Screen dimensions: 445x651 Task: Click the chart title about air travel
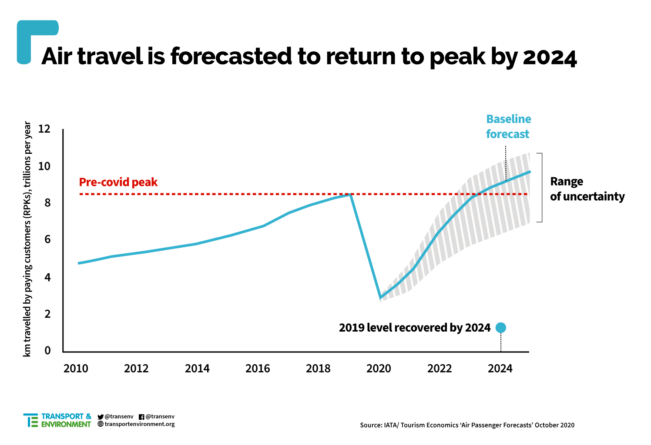tap(309, 57)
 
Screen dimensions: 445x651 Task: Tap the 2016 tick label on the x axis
tap(258, 369)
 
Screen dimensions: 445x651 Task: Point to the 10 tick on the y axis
tap(44, 166)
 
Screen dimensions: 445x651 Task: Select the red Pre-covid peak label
tap(118, 182)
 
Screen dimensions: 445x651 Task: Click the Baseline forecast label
tap(508, 126)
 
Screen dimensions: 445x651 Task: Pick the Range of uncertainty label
tap(587, 189)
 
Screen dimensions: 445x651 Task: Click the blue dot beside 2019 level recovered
tap(501, 328)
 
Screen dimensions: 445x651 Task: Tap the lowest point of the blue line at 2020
tap(380, 298)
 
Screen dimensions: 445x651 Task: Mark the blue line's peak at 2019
tap(350, 195)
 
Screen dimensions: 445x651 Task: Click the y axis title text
tap(27, 239)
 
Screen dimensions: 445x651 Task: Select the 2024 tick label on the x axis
tap(500, 369)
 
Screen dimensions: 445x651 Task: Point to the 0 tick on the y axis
tap(47, 350)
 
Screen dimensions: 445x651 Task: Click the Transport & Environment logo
tap(57, 420)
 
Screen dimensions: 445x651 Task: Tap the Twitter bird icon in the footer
tap(101, 417)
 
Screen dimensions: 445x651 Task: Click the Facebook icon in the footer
tap(141, 417)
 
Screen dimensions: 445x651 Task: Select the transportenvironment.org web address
tap(139, 424)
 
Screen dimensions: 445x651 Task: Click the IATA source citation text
tap(467, 425)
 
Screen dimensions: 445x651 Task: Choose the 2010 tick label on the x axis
tap(76, 369)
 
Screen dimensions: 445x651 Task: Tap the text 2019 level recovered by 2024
tap(415, 328)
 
